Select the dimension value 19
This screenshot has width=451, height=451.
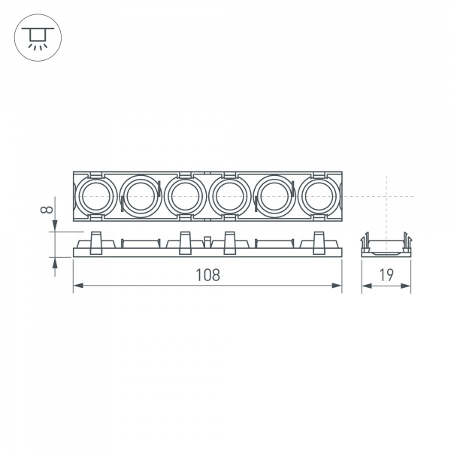pyautogui.click(x=386, y=275)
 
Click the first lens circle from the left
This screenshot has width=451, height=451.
pyautogui.click(x=94, y=196)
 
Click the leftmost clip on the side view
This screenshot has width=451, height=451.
pyautogui.click(x=95, y=243)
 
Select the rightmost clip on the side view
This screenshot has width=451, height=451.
pyautogui.click(x=319, y=243)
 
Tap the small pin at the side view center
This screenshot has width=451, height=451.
pyautogui.click(x=207, y=241)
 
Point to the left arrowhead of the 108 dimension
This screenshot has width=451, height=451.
pyautogui.click(x=76, y=286)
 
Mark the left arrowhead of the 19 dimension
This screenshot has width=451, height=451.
pyautogui.click(x=364, y=286)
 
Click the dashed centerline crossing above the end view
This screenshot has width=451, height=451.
pyautogui.click(x=386, y=196)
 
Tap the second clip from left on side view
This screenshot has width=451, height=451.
pyautogui.click(x=184, y=243)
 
